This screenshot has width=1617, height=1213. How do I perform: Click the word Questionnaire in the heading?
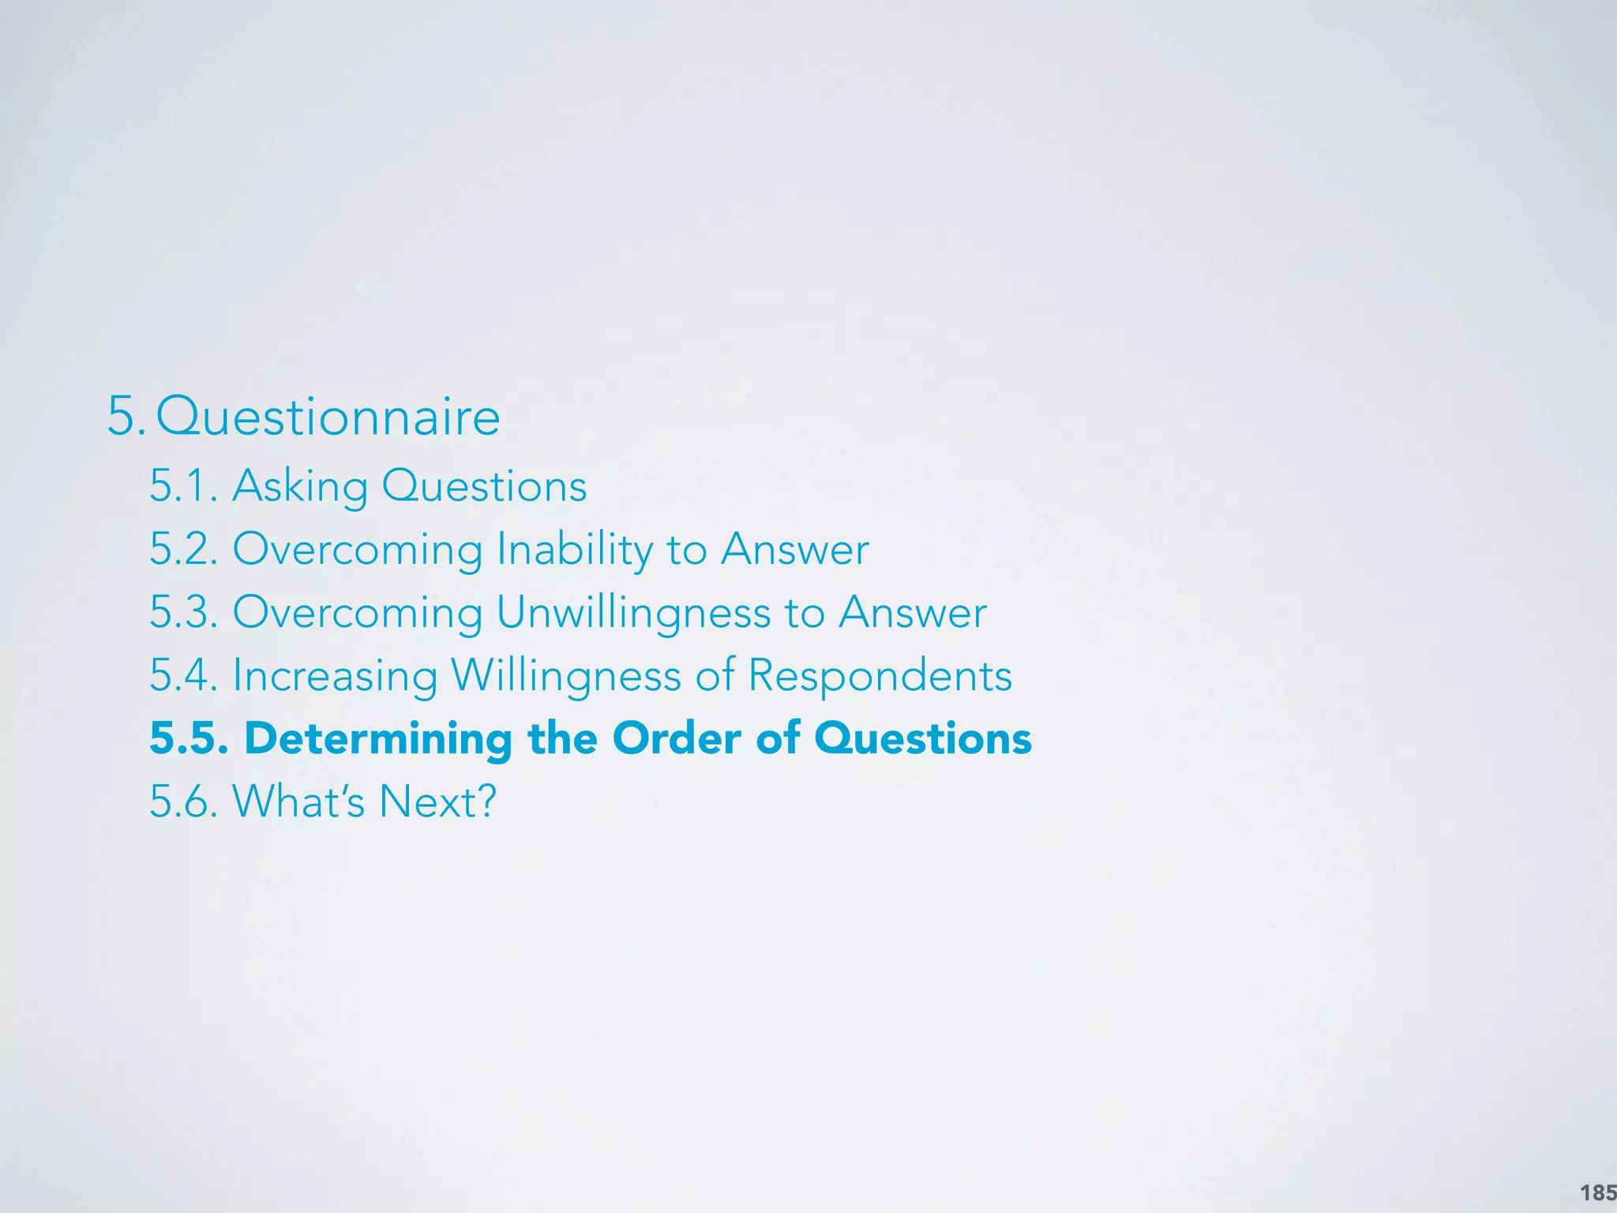point(328,416)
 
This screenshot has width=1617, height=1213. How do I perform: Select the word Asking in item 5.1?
point(300,485)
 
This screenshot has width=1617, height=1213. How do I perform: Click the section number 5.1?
point(183,485)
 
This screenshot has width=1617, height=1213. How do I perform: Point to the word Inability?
point(575,549)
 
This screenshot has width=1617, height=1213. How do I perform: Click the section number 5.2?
point(183,549)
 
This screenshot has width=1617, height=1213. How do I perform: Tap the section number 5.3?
point(183,612)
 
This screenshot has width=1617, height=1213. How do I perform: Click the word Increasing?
point(335,676)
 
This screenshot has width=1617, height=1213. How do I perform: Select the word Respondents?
point(880,676)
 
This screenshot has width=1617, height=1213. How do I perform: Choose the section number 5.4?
point(183,675)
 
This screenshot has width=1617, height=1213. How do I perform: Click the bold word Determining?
point(378,739)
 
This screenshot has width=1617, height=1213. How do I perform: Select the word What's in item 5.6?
point(298,801)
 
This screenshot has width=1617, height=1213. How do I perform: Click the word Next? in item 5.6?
point(437,801)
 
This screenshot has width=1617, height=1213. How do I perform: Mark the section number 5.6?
point(183,801)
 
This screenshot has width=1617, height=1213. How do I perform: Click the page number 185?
point(1597,1192)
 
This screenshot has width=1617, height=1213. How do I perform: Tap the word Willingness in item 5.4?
point(565,676)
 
